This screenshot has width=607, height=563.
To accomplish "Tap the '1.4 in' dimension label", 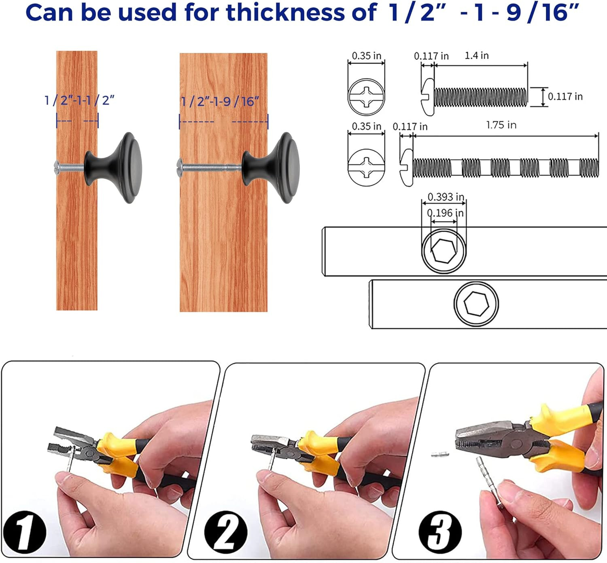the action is pos(476,55).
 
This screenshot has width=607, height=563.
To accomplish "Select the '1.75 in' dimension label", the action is pos(501,125).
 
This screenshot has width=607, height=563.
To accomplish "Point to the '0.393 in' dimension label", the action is pos(446,197).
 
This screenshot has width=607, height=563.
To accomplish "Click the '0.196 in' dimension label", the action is pos(445,213).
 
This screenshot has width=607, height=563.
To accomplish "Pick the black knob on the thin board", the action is pos(113,168).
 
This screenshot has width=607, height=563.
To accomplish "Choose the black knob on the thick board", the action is pos(271,168).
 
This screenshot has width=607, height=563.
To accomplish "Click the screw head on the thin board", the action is pos(57,168).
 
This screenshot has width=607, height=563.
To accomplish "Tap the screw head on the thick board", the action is pos(180,168).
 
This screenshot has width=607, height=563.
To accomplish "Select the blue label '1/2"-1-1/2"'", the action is pos(79,100).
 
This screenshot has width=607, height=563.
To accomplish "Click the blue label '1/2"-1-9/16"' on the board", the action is pos(220,102).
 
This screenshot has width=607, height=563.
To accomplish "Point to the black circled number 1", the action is pos(24,532).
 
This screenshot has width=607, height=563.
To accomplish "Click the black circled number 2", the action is pos(225,532).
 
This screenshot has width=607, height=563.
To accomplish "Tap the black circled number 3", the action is pos(440,532).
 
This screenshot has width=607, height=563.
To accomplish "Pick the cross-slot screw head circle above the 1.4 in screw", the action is pos(366,97).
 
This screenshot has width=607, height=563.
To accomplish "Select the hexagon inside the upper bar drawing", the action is pos(444,251).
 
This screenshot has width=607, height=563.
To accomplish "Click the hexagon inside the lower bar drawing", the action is pos(476,304).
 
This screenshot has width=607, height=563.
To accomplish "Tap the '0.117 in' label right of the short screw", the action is pos(565,97).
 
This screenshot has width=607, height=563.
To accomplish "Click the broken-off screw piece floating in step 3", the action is pos(440,455).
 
